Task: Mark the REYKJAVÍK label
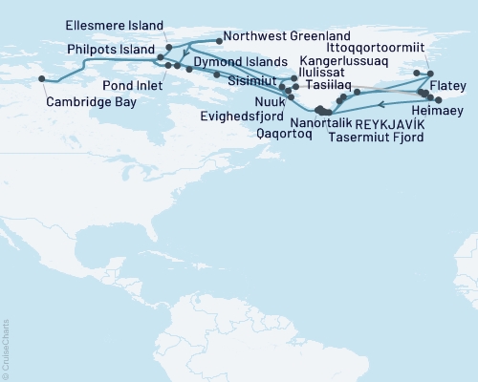[x=389, y=124]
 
